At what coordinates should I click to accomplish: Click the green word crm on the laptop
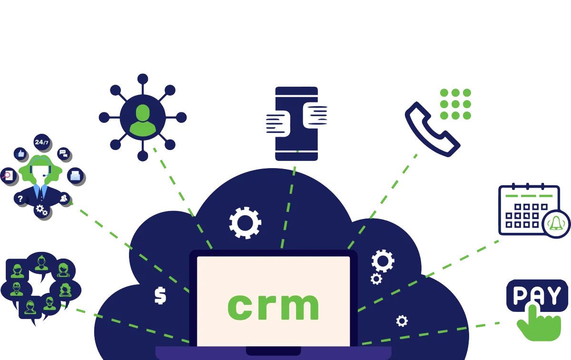[x=273, y=306]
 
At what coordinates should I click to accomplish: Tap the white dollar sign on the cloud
[x=160, y=295]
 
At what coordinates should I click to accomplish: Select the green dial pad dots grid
[x=455, y=104]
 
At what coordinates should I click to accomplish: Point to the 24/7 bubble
[x=42, y=142]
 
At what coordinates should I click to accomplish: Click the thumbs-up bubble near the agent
[x=20, y=153]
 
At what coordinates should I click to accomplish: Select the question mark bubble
[x=20, y=199]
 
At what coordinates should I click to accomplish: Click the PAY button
[x=537, y=295]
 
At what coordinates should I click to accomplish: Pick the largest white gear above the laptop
[x=245, y=222]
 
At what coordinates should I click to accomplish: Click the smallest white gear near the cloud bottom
[x=402, y=321]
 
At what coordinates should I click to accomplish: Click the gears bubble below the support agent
[x=42, y=210]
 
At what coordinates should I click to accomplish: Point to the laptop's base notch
[x=273, y=351]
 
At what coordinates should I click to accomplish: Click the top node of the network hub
[x=142, y=78]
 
